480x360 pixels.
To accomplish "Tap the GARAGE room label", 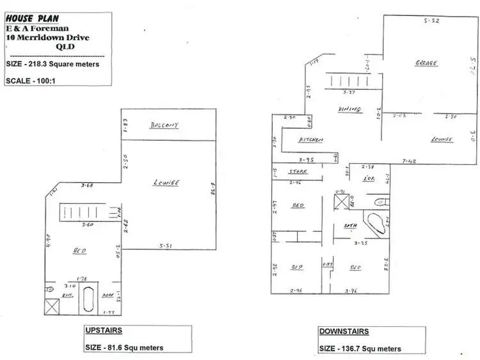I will pyautogui.click(x=426, y=63).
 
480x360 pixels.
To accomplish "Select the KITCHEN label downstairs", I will pyautogui.click(x=311, y=139).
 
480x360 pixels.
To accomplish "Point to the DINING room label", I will pyautogui.click(x=349, y=109).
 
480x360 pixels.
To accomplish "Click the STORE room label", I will pyautogui.click(x=298, y=171).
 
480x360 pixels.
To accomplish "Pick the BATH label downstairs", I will pyautogui.click(x=351, y=225).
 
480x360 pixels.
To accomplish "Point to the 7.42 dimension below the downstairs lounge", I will pyautogui.click(x=410, y=161).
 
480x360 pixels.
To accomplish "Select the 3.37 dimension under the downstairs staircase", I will pyautogui.click(x=348, y=93).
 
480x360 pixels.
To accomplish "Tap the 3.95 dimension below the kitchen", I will pyautogui.click(x=305, y=159).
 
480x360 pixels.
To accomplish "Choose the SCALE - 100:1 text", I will pyautogui.click(x=35, y=81).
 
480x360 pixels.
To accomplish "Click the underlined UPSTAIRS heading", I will pyautogui.click(x=104, y=331).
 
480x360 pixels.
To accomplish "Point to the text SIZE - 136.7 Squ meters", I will pyautogui.click(x=360, y=348).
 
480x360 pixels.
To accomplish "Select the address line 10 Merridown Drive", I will pyautogui.click(x=47, y=38).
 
